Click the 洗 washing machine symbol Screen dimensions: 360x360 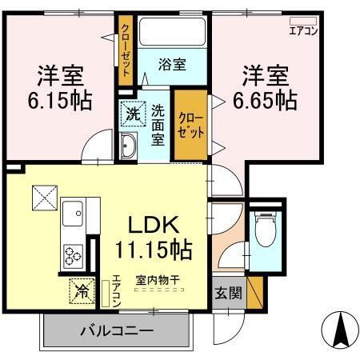pyautogui.click(x=133, y=114)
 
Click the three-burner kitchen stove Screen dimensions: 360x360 pyautogui.click(x=73, y=255)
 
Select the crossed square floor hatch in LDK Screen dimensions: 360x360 pyautogui.click(x=42, y=197)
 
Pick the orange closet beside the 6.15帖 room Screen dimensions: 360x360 pyautogui.click(x=126, y=50)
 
